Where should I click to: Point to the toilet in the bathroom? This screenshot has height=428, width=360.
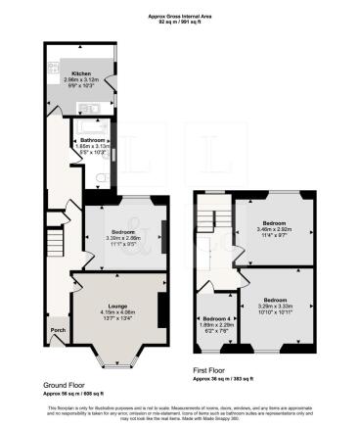point(104,177)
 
